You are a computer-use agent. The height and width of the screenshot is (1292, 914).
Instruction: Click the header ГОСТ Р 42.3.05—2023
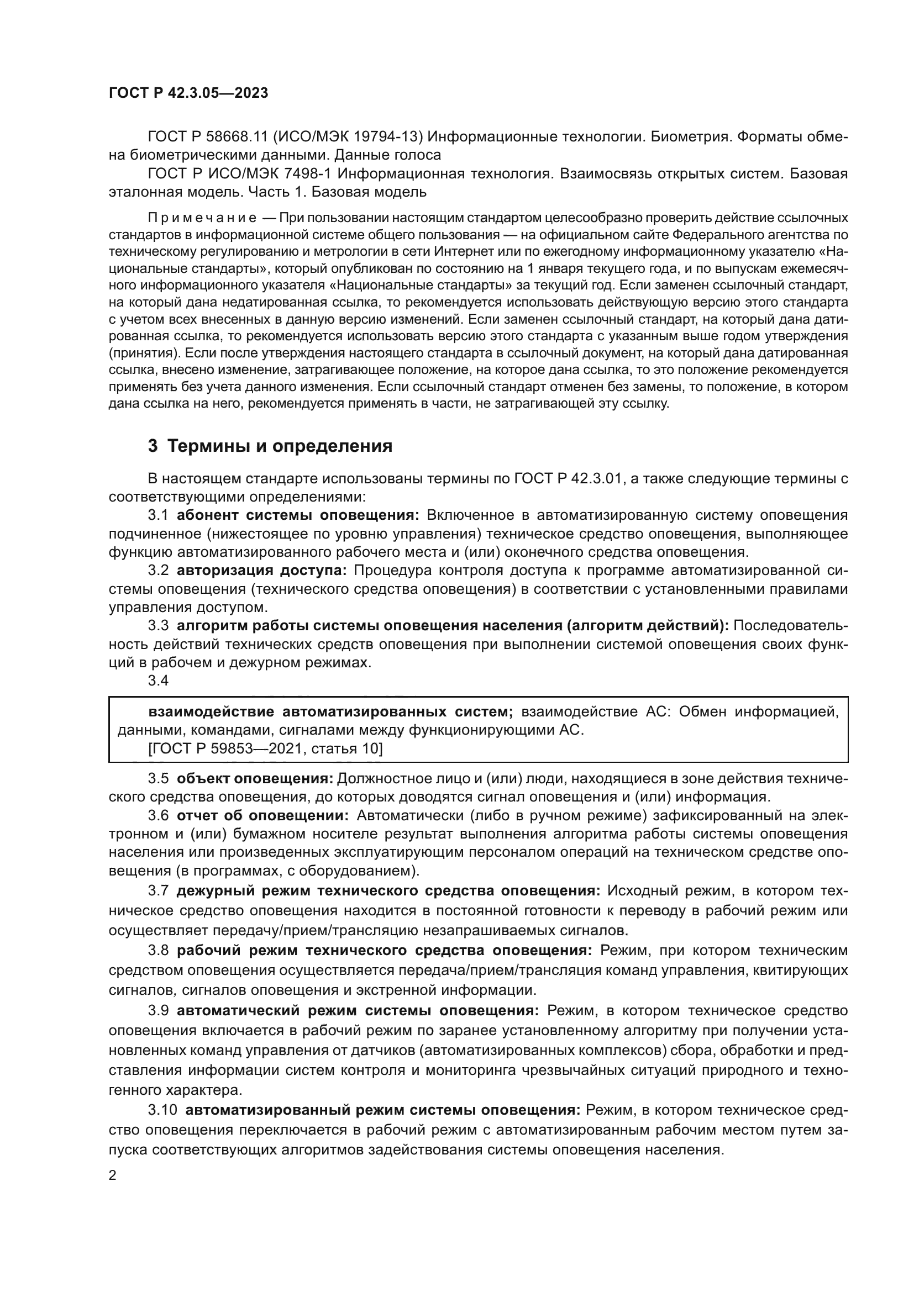click(188, 93)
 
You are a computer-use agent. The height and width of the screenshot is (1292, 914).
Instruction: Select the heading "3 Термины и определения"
click(270, 446)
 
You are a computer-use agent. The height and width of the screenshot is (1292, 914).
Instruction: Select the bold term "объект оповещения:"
click(255, 778)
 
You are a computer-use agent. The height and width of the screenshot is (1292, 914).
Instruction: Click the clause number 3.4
click(158, 681)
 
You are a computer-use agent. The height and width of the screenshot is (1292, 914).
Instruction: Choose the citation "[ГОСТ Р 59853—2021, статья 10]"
click(249, 748)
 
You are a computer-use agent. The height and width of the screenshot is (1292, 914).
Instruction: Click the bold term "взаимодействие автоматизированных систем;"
click(331, 712)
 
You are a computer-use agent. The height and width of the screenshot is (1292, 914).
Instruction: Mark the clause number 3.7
click(158, 891)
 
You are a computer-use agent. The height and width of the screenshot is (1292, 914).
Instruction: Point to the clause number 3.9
click(158, 1010)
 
